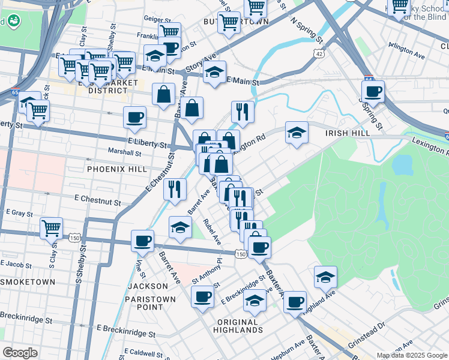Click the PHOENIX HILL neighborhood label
[x=116, y=169]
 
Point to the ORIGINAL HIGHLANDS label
[x=238, y=326]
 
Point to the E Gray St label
[x=19, y=212]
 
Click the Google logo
[x=20, y=353]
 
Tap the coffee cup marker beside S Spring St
[x=373, y=92]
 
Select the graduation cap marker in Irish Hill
[x=296, y=133]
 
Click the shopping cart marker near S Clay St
[x=52, y=228]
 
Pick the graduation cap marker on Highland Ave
[x=325, y=277]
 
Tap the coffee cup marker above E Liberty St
[x=134, y=116]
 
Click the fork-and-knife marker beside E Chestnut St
[x=175, y=188]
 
